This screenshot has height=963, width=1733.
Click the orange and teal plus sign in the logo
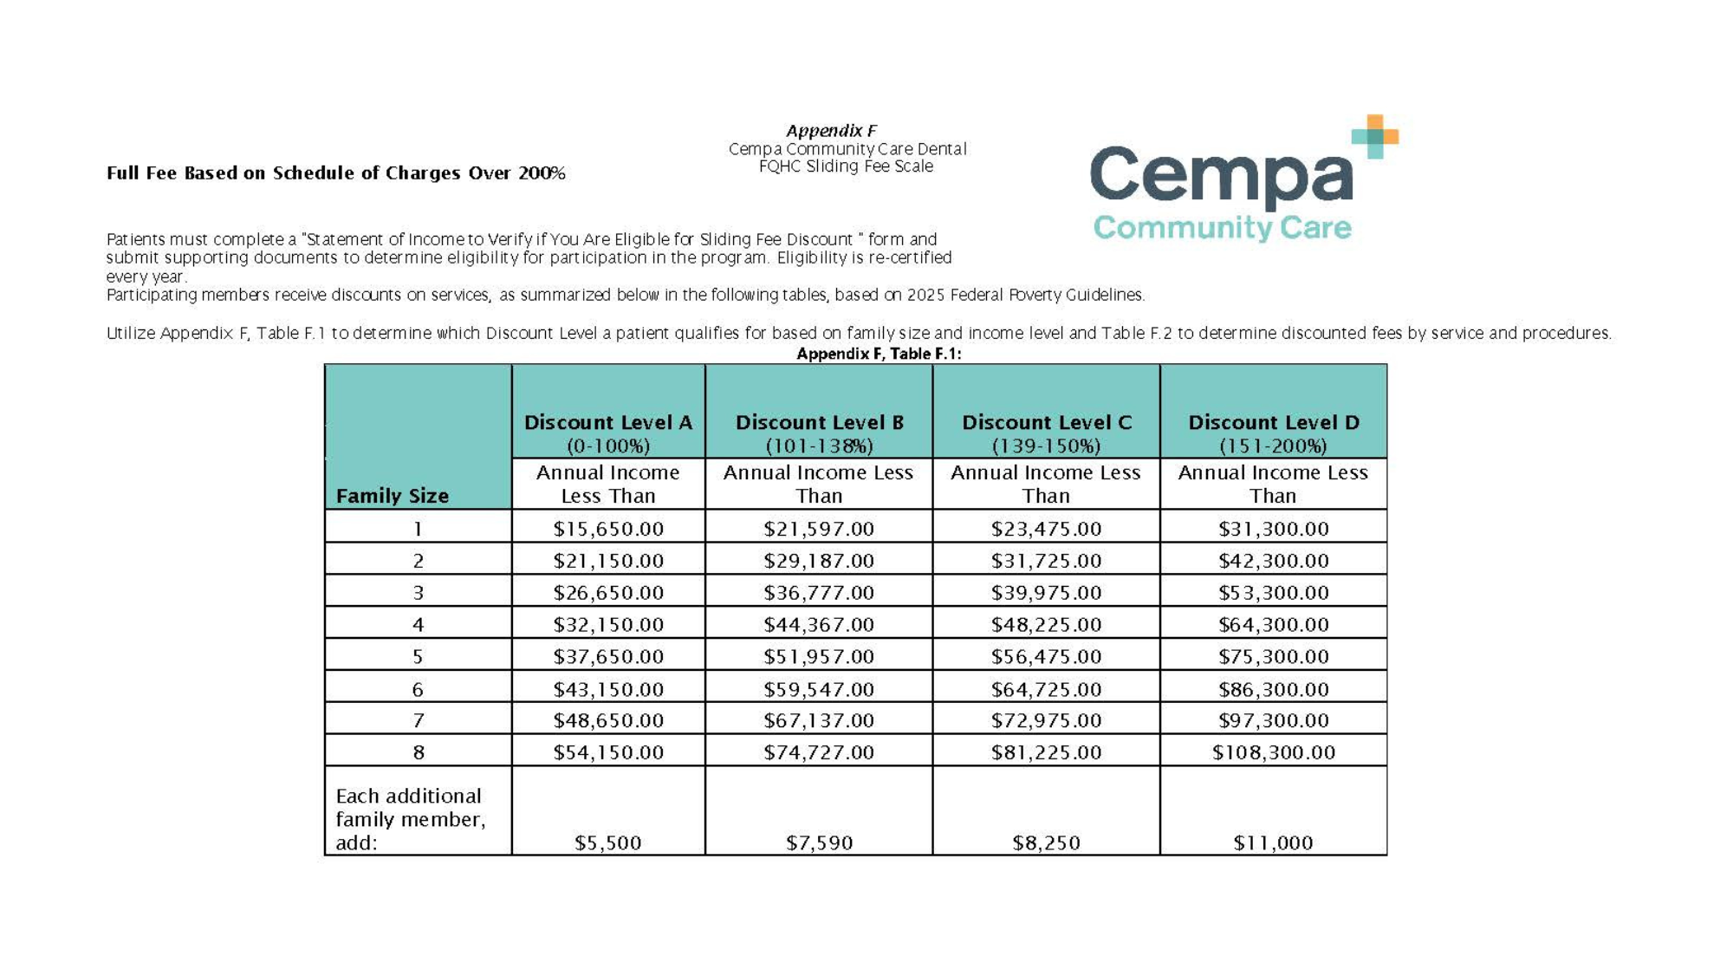click(1375, 136)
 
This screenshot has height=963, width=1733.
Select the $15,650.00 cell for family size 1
click(608, 529)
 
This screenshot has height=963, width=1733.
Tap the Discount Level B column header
click(819, 423)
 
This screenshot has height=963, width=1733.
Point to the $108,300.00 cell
click(1273, 752)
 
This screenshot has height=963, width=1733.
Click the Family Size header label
click(392, 496)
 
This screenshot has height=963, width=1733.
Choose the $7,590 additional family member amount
click(819, 843)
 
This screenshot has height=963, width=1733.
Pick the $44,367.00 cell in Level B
click(819, 625)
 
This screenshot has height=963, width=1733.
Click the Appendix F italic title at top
click(831, 131)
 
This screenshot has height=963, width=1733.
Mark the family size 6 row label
click(418, 690)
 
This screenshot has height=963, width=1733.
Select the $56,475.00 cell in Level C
click(1046, 657)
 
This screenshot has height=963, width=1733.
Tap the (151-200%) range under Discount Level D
click(1273, 446)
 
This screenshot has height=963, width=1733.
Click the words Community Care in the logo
click(1222, 228)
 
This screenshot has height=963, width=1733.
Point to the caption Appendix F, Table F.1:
click(879, 354)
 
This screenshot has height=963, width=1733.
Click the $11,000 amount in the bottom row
click(1273, 843)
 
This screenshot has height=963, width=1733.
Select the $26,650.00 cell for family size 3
click(608, 593)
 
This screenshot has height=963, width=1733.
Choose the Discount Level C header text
click(1046, 423)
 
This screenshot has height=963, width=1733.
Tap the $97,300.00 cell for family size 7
click(1273, 720)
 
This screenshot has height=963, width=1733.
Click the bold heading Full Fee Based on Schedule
click(335, 173)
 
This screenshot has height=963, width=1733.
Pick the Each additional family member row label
click(410, 819)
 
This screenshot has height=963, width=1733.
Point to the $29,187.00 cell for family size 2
click(819, 561)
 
